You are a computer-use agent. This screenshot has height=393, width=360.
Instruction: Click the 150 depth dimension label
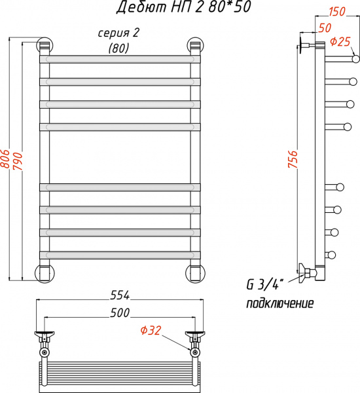[337, 12]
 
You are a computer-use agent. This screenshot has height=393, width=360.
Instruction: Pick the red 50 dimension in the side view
[324, 28]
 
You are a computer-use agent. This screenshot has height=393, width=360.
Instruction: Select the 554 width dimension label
[119, 295]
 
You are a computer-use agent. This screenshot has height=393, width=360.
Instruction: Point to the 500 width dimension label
[119, 312]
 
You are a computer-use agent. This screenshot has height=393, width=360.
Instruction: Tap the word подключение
[279, 303]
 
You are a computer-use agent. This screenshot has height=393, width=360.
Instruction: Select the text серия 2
[118, 33]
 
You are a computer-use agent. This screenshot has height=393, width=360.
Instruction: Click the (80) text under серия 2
[118, 48]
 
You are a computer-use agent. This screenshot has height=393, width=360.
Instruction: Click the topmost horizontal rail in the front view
[119, 59]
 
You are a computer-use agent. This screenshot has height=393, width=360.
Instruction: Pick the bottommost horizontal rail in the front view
[119, 253]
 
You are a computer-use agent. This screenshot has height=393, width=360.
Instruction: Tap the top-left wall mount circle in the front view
[44, 46]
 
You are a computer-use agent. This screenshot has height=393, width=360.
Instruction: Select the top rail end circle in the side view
[355, 59]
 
